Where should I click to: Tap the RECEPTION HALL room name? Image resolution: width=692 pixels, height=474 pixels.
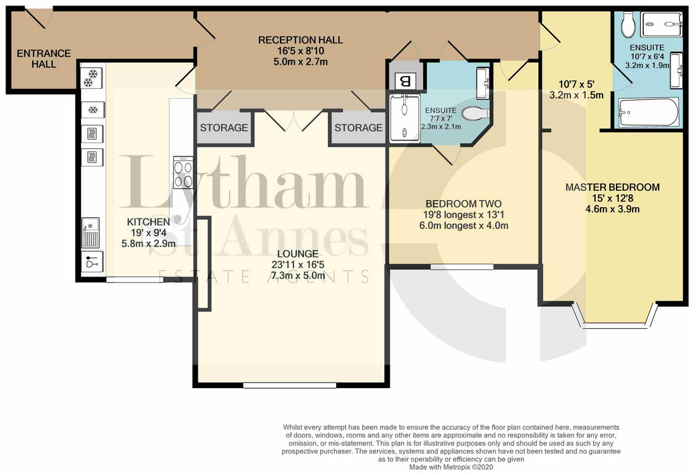300,40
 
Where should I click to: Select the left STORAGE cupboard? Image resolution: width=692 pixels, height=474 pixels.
224,128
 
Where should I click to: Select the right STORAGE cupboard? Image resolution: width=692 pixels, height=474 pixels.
358,128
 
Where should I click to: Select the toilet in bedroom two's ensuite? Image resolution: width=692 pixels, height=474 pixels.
475,114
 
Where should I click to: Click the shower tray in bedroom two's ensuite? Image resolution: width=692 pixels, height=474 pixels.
405,117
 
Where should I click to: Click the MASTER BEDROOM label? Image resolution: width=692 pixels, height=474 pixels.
612,187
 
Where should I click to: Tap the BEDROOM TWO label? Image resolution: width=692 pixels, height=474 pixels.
463,204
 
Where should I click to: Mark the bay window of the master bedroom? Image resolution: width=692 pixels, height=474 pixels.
615,316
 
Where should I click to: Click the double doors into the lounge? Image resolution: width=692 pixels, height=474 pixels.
294,120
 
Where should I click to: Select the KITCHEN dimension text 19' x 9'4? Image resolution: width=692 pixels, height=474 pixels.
148,233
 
